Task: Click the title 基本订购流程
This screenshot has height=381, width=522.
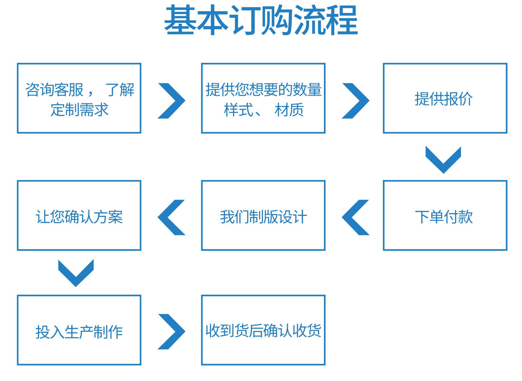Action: coord(261,20)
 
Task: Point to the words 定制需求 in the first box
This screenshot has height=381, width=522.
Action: coord(79,110)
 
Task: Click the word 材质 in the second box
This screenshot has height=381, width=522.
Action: coord(289,110)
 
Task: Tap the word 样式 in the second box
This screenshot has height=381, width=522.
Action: coord(238,110)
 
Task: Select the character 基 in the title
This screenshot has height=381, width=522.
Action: coord(180,20)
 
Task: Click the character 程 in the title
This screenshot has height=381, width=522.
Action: coord(342,20)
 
